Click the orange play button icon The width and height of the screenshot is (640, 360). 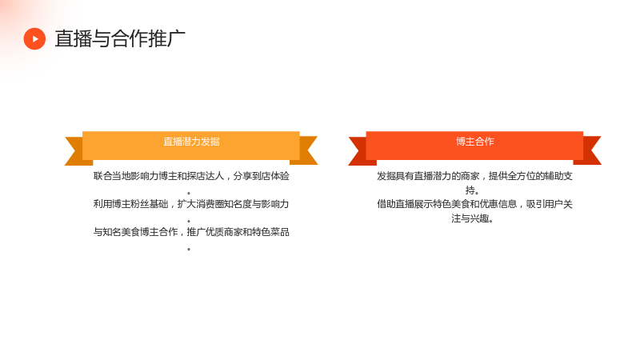pyautogui.click(x=34, y=38)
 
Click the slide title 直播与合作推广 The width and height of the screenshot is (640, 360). pyautogui.click(x=120, y=38)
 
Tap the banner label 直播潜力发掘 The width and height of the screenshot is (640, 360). pyautogui.click(x=191, y=142)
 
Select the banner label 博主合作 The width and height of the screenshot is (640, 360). pyautogui.click(x=475, y=142)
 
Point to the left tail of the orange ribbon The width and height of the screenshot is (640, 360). pyautogui.click(x=78, y=151)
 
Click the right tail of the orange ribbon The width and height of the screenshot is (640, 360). pyautogui.click(x=306, y=150)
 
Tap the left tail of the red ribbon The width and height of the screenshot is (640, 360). pyautogui.click(x=361, y=151)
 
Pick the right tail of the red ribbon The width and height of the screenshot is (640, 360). pyautogui.click(x=589, y=150)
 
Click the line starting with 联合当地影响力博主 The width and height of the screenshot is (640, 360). pyautogui.click(x=191, y=176)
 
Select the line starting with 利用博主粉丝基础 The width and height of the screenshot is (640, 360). pyautogui.click(x=191, y=204)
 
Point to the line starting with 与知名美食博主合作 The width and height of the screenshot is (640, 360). pyautogui.click(x=191, y=232)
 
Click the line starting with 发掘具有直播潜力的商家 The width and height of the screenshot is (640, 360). pyautogui.click(x=474, y=176)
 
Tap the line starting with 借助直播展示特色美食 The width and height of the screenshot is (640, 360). pyautogui.click(x=474, y=204)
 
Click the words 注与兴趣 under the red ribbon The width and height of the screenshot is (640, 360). pyautogui.click(x=470, y=218)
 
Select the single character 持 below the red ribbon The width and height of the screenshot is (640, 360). pyautogui.click(x=470, y=190)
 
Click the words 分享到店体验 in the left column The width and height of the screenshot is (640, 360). pyautogui.click(x=262, y=176)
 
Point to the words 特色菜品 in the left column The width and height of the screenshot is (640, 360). pyautogui.click(x=270, y=232)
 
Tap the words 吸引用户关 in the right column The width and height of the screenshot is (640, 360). pyautogui.click(x=550, y=204)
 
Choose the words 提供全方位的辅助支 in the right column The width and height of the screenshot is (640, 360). pyautogui.click(x=530, y=176)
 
